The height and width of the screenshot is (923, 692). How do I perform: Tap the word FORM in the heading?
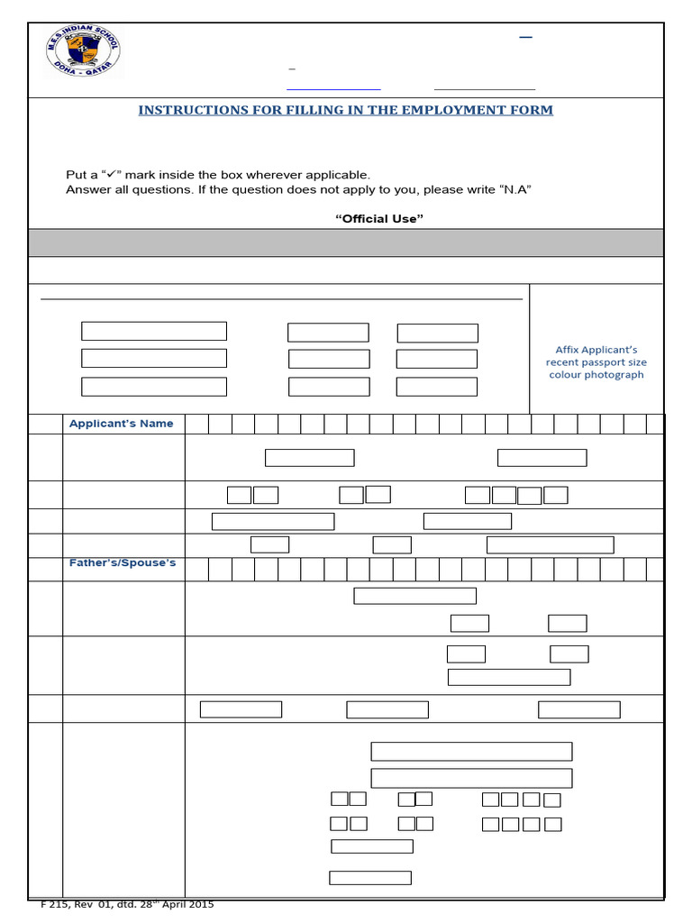(533, 110)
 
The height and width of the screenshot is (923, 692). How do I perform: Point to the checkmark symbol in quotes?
(111, 175)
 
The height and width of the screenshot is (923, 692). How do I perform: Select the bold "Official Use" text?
(378, 219)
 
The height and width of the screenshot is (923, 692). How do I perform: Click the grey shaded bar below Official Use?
(346, 242)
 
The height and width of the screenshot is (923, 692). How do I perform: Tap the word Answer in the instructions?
(86, 189)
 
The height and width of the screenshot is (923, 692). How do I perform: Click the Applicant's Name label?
(122, 424)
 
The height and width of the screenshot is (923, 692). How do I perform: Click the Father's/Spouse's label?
(123, 563)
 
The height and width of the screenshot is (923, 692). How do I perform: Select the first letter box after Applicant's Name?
(197, 425)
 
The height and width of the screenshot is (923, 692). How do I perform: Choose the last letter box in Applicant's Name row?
(656, 425)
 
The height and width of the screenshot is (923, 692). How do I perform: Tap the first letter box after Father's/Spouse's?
(197, 570)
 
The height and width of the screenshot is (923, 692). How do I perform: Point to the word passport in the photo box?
(592, 362)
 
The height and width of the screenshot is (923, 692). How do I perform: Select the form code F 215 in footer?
(57, 904)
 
